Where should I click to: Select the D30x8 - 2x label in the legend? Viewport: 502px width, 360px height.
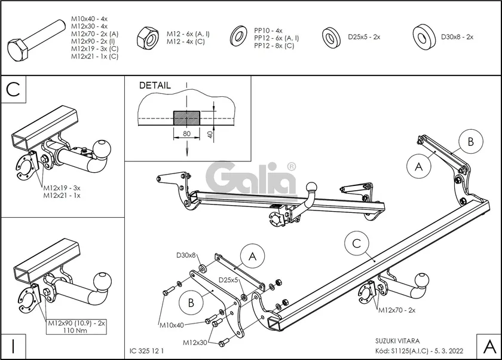457,37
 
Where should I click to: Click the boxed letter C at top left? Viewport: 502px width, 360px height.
14,89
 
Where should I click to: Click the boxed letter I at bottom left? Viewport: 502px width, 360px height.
13,345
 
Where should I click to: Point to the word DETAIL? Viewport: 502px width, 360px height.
155,86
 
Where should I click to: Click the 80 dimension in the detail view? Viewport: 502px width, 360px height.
186,134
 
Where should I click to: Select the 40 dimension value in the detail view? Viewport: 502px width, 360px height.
211,134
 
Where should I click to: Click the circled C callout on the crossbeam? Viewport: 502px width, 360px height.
356,243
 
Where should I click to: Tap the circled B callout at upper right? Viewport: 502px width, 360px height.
470,142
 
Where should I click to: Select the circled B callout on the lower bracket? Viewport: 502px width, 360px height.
191,303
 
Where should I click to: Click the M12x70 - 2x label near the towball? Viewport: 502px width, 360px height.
397,310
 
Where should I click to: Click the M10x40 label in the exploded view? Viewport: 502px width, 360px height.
171,325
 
